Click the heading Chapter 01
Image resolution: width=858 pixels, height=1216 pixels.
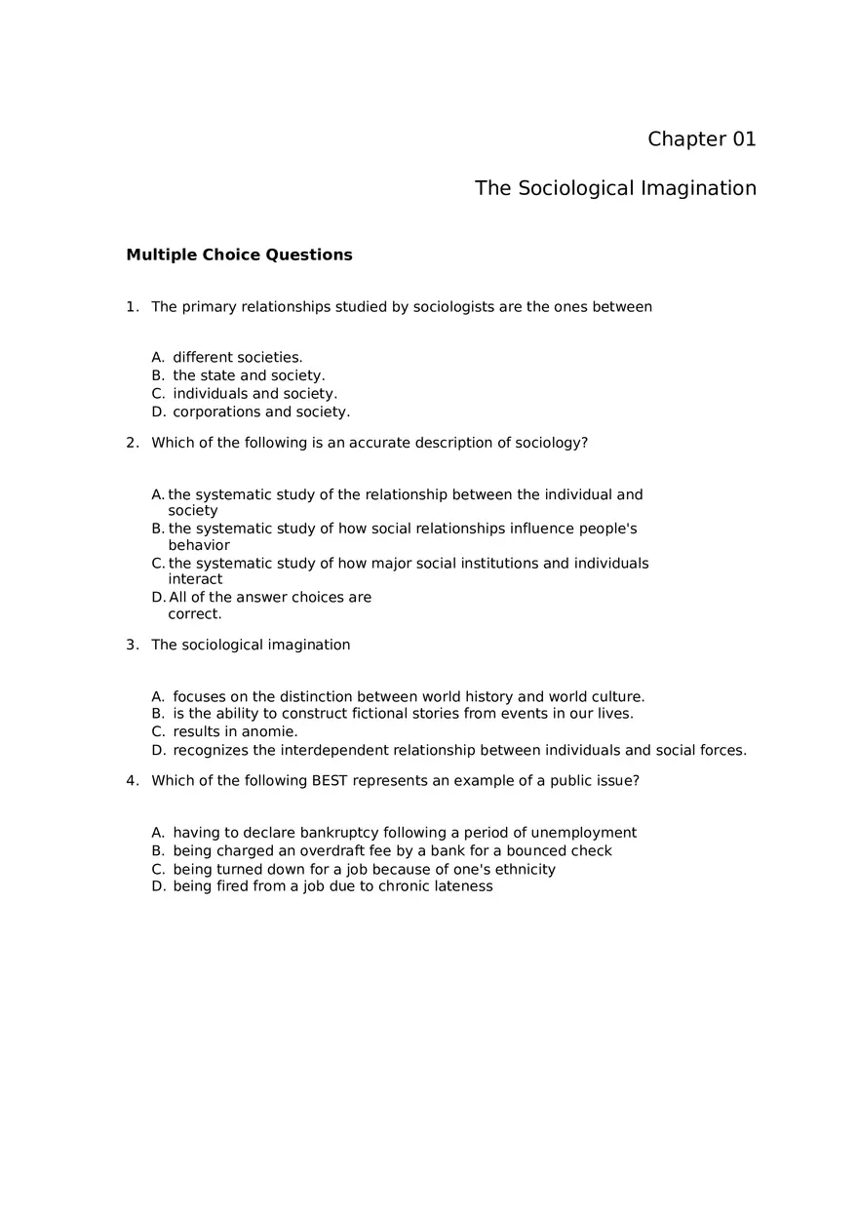coord(701,139)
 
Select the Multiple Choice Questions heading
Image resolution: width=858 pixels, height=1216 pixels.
coord(239,255)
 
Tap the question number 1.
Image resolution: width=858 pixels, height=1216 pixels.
coord(132,307)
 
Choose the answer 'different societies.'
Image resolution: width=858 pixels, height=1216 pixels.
coord(237,358)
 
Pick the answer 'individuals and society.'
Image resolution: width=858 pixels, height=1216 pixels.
coord(254,394)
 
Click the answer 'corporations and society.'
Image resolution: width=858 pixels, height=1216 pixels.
coord(261,412)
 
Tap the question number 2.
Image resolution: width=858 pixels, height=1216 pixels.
coord(132,443)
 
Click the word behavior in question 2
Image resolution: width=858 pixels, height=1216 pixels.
coord(199,545)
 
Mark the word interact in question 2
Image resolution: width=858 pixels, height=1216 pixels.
coord(195,579)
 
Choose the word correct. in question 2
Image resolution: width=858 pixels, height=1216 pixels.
coord(195,614)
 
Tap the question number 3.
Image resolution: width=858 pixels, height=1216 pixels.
coord(132,645)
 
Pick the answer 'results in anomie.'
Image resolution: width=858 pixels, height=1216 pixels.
coord(235,731)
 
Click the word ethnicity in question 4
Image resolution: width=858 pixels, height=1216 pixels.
coord(523,869)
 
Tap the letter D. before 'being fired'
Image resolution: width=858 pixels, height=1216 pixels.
coord(159,886)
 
